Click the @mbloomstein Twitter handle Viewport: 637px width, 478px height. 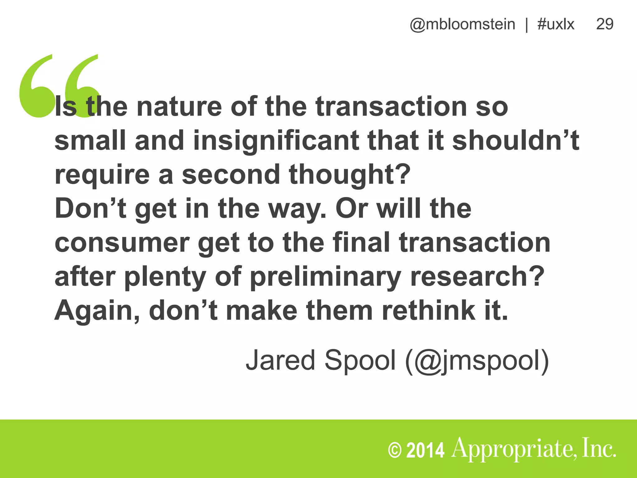[463, 24]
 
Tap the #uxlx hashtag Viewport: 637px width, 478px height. [556, 24]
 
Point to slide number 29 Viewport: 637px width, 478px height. [605, 24]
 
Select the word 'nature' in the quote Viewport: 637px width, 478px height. [179, 106]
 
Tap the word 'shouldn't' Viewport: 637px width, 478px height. [516, 140]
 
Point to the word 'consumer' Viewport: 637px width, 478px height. [122, 243]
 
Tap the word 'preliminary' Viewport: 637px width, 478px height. [325, 277]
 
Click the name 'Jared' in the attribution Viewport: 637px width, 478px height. [280, 360]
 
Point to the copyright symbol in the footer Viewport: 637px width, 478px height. [395, 450]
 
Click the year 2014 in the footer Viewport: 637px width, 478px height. [425, 450]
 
